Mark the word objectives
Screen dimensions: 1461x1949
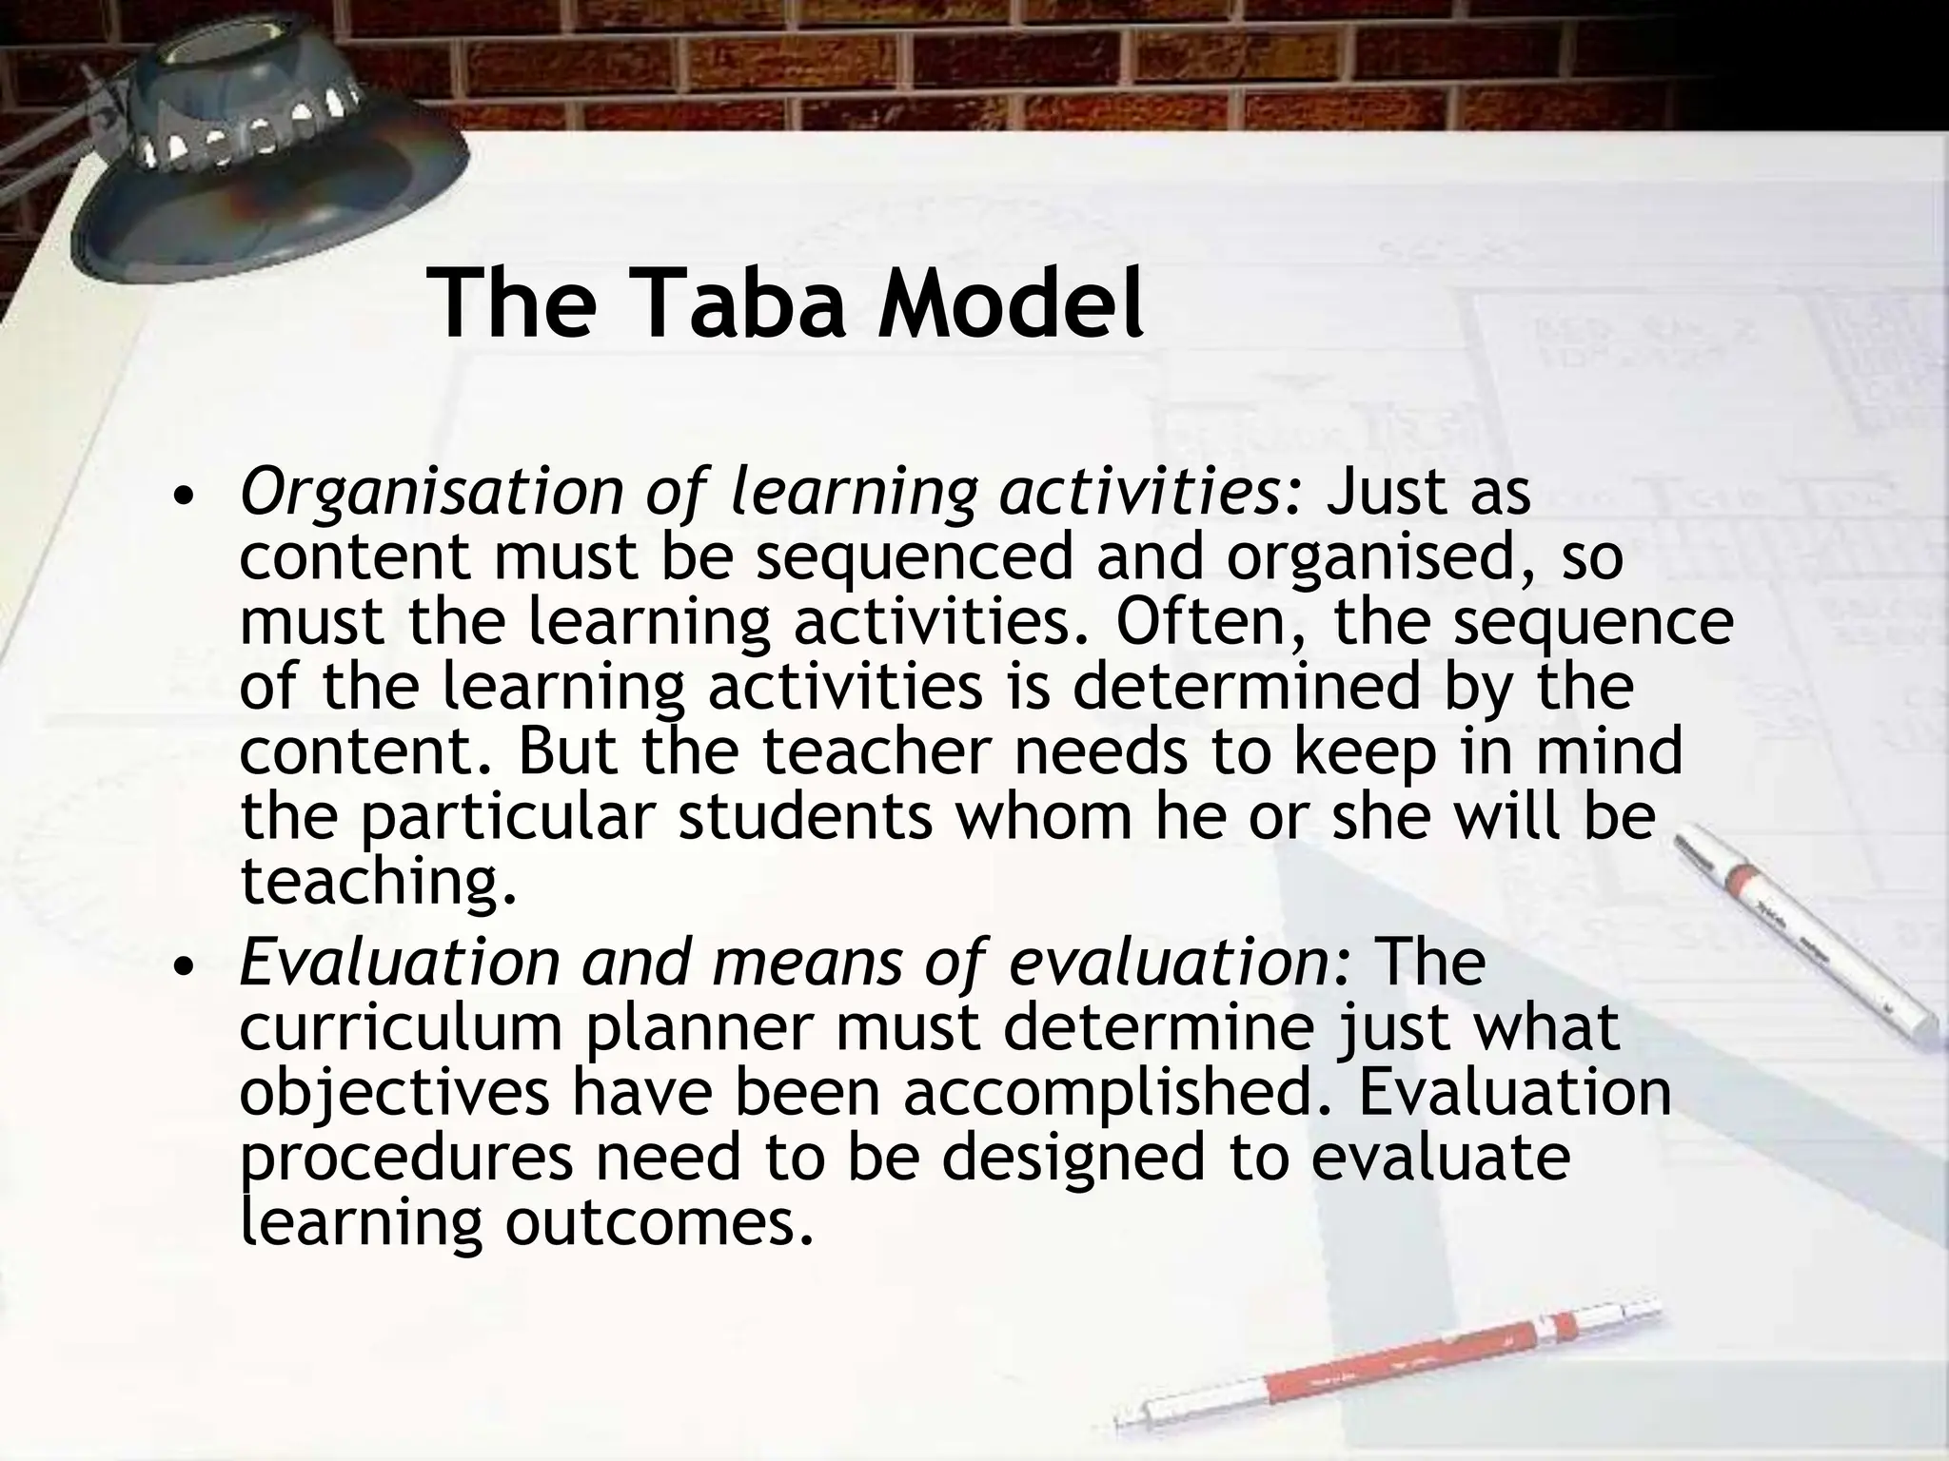pyautogui.click(x=394, y=1093)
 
